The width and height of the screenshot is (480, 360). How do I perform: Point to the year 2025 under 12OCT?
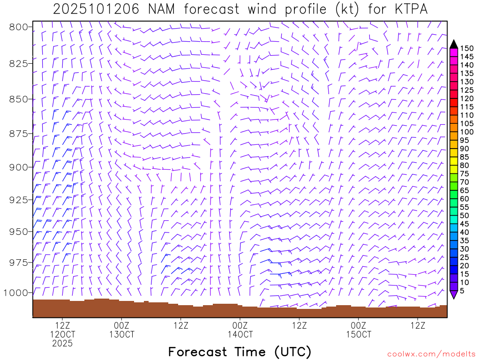62,344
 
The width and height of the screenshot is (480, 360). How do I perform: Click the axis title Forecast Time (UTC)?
240,352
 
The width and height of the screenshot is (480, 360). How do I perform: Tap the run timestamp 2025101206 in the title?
96,9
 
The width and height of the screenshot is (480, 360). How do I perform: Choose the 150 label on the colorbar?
466,48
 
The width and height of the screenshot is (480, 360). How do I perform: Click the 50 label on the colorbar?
464,215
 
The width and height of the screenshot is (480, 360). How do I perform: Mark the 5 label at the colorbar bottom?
462,291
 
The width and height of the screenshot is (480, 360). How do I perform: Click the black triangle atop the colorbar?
454,44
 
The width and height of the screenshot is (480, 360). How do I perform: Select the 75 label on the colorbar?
464,173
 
